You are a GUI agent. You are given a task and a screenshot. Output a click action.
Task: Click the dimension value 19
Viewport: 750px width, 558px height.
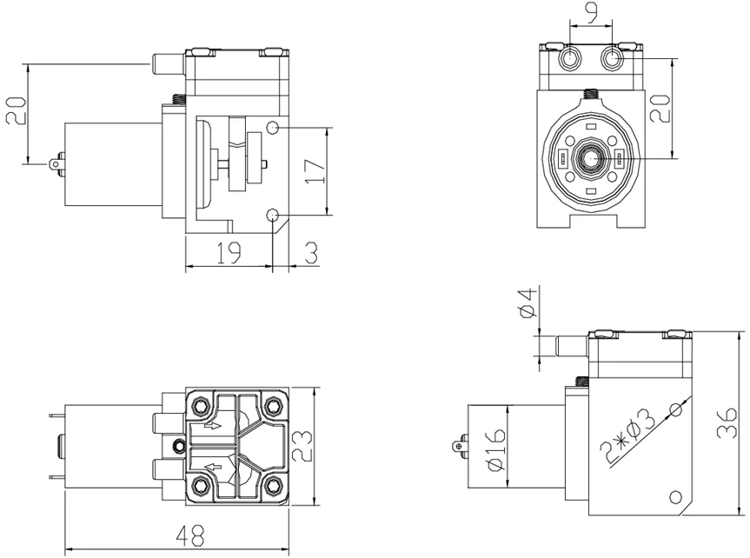coord(229,253)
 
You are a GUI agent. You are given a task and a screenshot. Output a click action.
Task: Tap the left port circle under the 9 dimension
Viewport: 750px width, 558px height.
coord(568,58)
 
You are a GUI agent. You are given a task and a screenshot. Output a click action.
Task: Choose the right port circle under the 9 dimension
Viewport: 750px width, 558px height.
coord(612,58)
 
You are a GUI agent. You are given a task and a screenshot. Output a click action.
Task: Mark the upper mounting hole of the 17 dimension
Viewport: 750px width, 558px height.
coord(273,128)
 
